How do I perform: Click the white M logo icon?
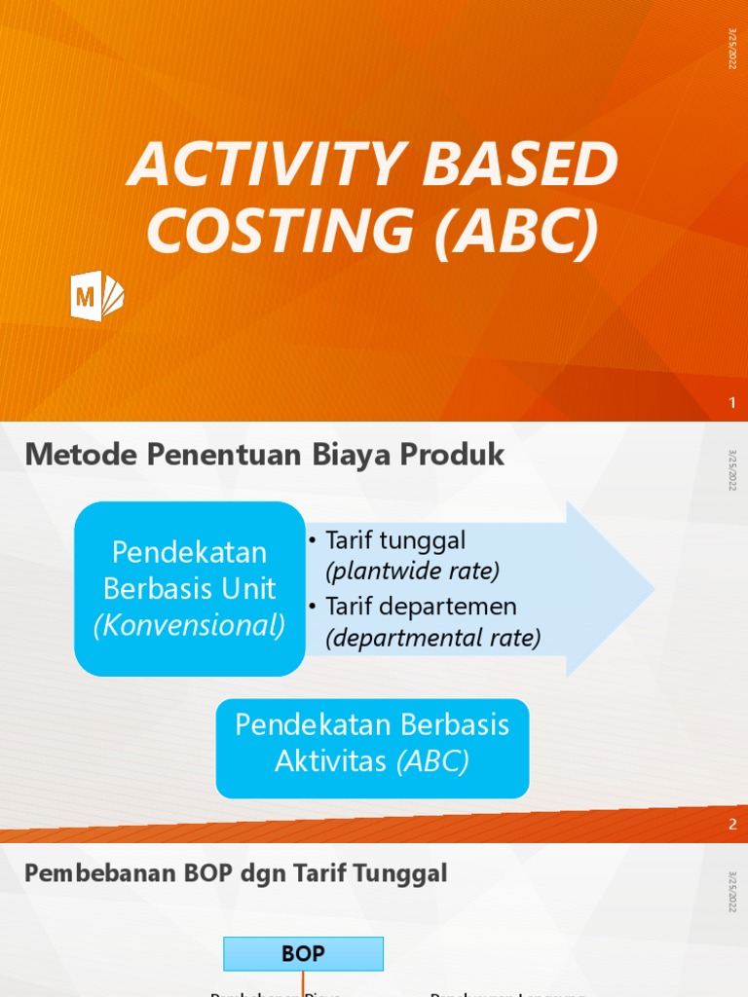96,296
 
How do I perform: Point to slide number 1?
732,403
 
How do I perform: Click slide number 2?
732,825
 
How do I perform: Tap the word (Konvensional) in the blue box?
190,626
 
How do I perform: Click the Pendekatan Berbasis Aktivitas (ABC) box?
372,743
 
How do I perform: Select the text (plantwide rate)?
413,571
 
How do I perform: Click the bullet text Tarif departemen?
421,607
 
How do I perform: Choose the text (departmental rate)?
433,639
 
